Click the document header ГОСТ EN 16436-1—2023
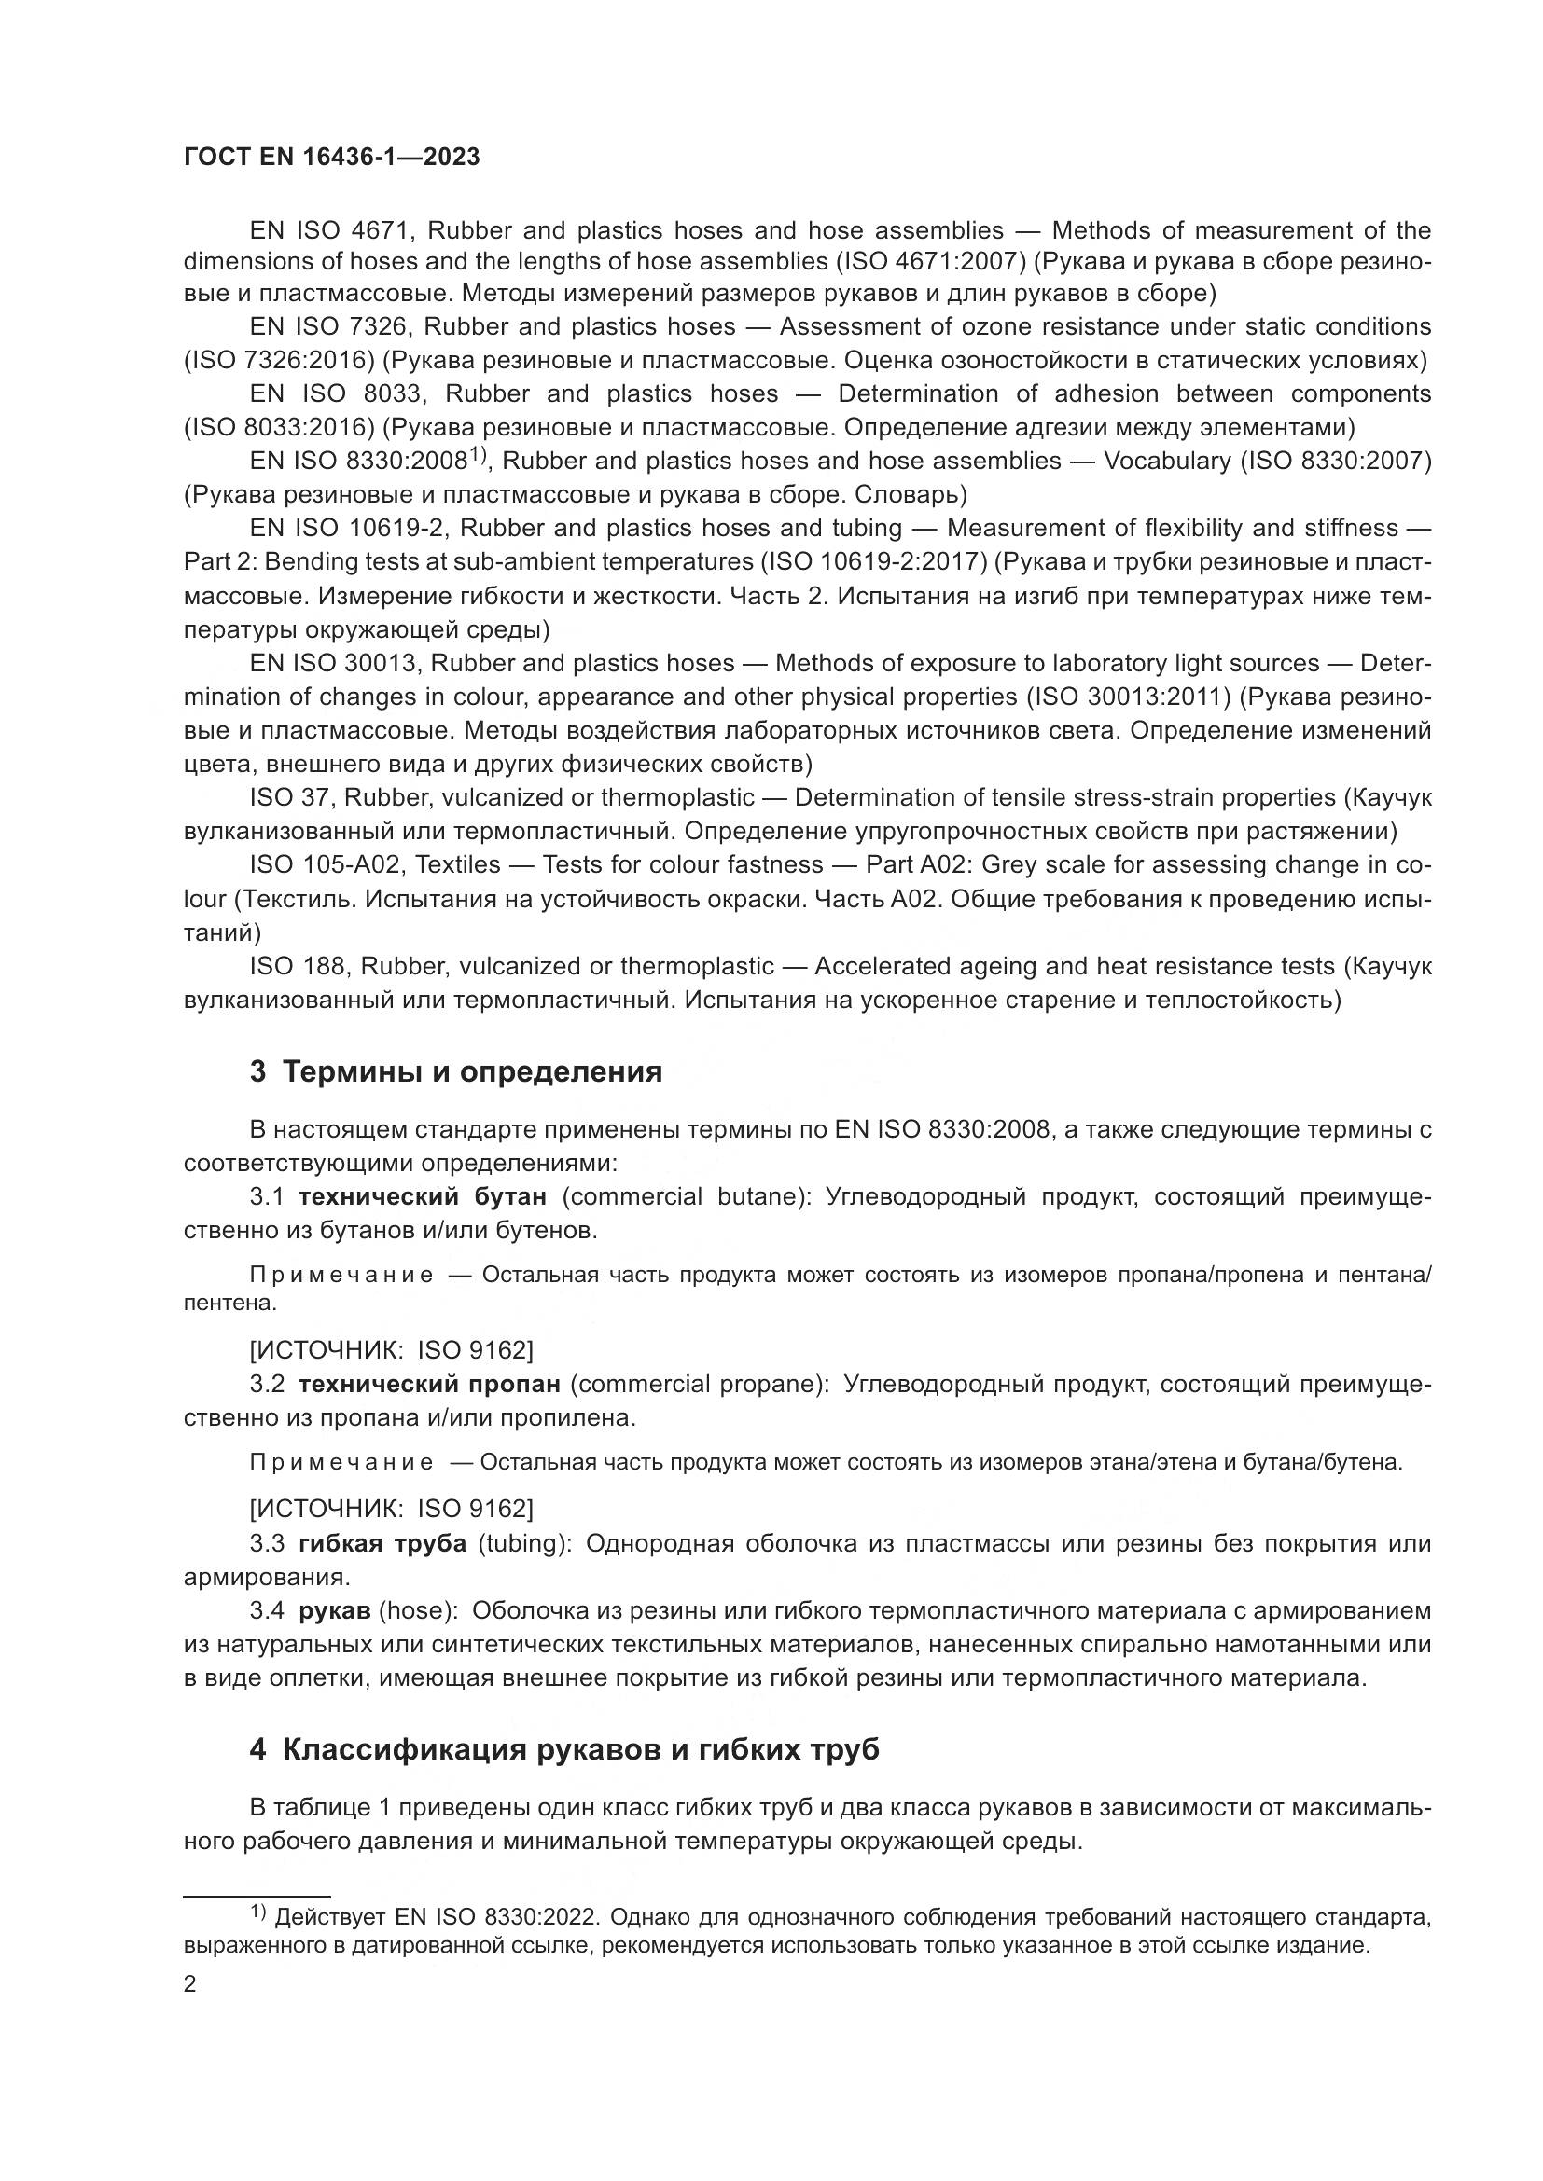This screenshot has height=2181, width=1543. click(x=331, y=158)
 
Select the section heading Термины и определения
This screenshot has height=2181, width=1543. click(x=472, y=1072)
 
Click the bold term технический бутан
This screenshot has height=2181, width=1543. click(x=422, y=1197)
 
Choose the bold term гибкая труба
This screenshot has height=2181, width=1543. click(x=382, y=1543)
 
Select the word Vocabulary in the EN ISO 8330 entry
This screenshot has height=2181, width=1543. click(x=1166, y=462)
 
